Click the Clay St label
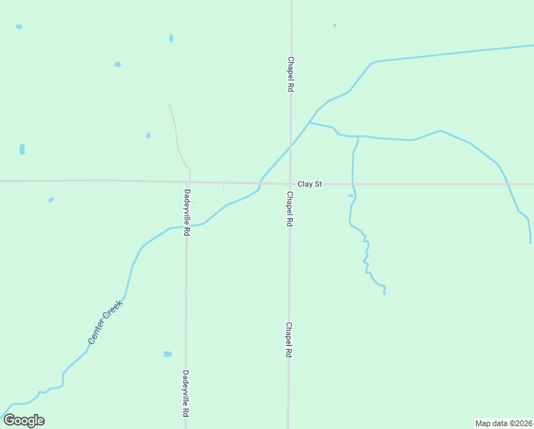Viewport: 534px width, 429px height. coord(310,184)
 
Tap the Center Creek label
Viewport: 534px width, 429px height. coord(106,322)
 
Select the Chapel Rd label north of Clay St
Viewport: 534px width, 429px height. coord(291,74)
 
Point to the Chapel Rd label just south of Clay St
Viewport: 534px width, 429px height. coord(290,209)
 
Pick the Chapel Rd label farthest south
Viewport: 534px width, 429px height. coord(289,340)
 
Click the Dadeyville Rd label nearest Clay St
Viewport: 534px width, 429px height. coord(187,212)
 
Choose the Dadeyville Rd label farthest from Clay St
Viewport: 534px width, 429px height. coord(186,393)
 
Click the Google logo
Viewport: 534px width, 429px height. coord(24,420)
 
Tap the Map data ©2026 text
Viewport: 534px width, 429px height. coord(503,423)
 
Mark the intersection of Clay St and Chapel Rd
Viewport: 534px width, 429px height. coord(291,184)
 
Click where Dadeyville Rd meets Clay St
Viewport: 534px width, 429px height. coord(188,182)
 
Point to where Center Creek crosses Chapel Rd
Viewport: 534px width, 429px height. coord(291,147)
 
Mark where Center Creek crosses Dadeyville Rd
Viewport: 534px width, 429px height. coord(187,227)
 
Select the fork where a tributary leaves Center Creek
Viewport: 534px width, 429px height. coord(309,122)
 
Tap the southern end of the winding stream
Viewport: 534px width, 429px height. coord(385,293)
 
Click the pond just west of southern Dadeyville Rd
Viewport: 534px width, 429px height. coord(168,354)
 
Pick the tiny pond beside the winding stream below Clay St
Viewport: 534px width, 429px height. coord(350,195)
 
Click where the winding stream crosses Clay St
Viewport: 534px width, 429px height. coord(353,184)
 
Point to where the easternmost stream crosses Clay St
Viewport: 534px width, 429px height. coord(508,184)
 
